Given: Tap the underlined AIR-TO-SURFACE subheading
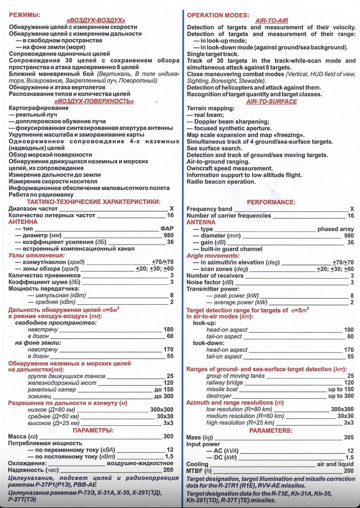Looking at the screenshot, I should click(x=271, y=101).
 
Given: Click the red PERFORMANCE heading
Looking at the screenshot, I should click(x=271, y=202).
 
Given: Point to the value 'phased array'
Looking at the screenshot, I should click(x=336, y=229).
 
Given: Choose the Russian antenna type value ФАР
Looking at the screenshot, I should click(x=167, y=229).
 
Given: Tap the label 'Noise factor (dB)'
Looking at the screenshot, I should click(x=210, y=283).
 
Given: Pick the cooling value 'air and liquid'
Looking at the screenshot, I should click(x=336, y=464).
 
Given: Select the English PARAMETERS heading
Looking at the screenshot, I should click(x=271, y=430).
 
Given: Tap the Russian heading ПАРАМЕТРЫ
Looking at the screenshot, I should click(x=93, y=430).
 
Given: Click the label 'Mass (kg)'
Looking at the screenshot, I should click(x=200, y=437).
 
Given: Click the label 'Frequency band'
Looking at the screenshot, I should click(x=209, y=209).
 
